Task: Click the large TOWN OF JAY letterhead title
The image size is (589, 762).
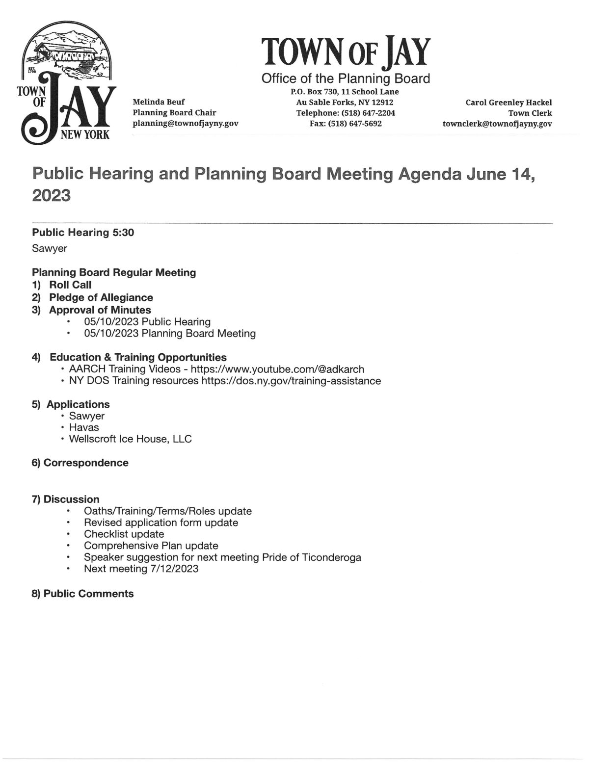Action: pos(346,53)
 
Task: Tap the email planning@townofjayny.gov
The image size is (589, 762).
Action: pos(186,124)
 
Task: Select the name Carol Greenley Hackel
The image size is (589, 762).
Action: pos(509,103)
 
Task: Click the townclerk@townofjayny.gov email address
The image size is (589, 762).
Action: pos(497,124)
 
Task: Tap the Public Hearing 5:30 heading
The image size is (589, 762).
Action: pos(83,233)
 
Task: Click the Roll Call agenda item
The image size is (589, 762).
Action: pos(70,285)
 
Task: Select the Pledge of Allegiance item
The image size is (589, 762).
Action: pos(101,298)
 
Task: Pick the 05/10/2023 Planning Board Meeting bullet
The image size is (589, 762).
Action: pos(170,334)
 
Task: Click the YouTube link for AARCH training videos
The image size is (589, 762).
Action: pos(277,369)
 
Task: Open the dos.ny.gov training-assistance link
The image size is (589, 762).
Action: pos(291,381)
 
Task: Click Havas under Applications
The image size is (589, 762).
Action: pos(84,427)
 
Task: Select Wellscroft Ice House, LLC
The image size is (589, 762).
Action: pos(131,439)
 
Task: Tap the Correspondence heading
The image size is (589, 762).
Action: pos(86,463)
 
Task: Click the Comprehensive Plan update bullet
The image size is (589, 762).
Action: pos(151,546)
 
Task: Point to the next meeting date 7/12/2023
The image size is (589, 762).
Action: pos(175,569)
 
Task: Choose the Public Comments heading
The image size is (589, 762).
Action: pos(88,594)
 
